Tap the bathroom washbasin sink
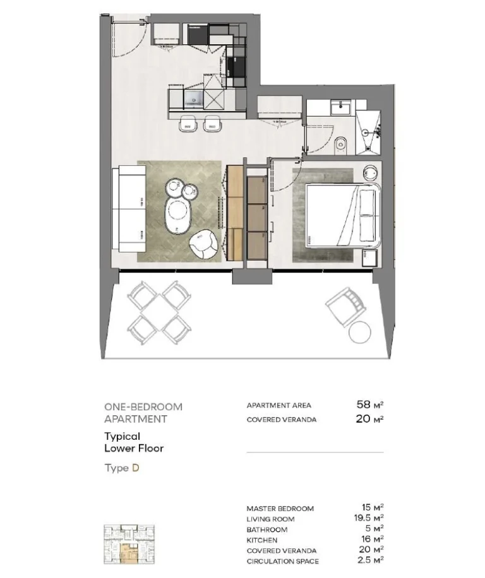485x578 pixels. pos(341,109)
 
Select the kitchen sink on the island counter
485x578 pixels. pos(192,98)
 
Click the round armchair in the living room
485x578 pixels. pos(204,245)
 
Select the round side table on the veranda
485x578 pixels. pos(360,331)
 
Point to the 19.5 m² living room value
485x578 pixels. pos(369,519)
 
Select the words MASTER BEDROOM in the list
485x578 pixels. pos(280,509)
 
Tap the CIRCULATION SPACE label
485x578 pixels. pos(282,561)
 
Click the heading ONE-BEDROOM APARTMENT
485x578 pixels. pos(143,413)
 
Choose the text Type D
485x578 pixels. pos(122,468)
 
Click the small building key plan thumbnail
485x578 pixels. pos(129,544)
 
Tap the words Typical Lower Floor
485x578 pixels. pos(134,442)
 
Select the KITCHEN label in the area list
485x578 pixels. pos(261,540)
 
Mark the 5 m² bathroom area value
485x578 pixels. pos(374,529)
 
